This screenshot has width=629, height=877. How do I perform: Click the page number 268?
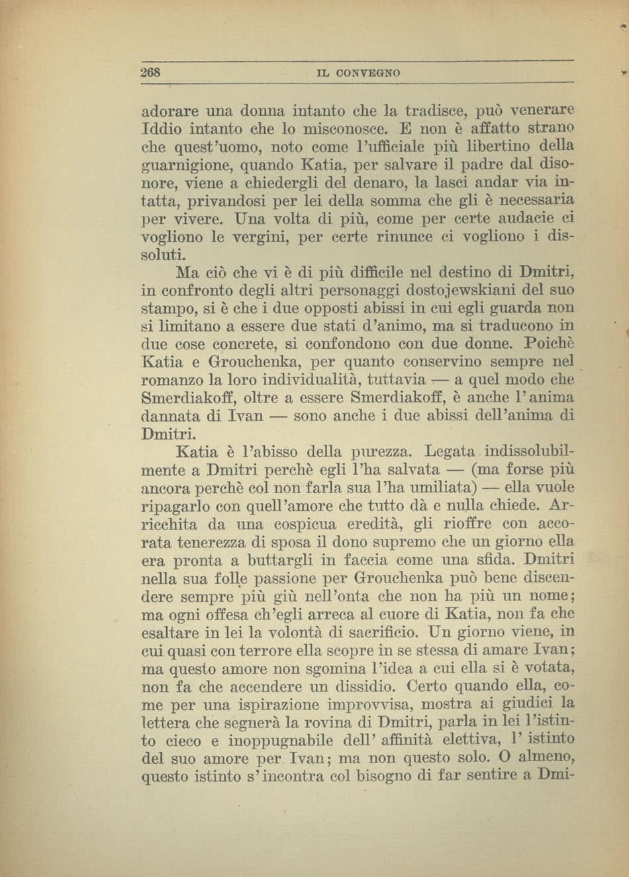coord(152,71)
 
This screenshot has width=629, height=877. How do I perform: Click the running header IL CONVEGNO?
coord(358,72)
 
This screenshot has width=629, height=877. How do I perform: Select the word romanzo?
coord(173,381)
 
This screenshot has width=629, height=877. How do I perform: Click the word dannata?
coord(169,417)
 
